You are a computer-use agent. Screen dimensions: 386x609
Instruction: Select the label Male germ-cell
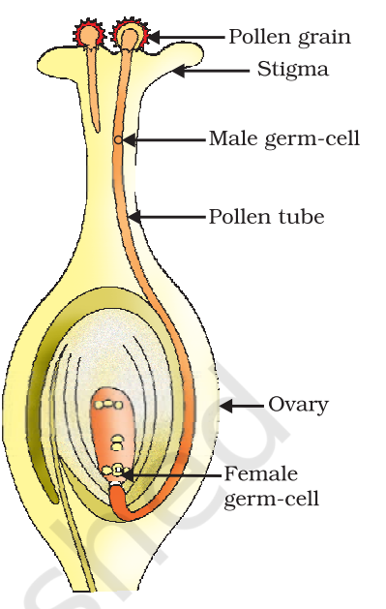[x=284, y=138]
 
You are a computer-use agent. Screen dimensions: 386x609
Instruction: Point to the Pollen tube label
[x=266, y=216]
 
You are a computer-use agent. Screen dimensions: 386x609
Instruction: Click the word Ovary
[x=298, y=406]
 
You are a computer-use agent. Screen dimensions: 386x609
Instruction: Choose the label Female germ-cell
[x=272, y=486]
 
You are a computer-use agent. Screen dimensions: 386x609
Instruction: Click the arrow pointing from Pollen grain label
[x=186, y=38]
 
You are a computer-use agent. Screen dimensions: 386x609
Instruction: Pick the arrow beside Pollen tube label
[x=167, y=216]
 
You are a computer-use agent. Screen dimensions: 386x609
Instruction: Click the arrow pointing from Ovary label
[x=242, y=407]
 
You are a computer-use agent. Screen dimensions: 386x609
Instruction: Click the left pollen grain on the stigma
[x=90, y=35]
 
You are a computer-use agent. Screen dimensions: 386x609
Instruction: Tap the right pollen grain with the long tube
[x=131, y=36]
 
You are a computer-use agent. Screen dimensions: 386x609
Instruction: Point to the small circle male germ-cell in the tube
[x=119, y=139]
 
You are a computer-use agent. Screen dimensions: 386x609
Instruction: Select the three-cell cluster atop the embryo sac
[x=108, y=405]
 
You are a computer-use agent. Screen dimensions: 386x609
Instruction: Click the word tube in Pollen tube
[x=302, y=216]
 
